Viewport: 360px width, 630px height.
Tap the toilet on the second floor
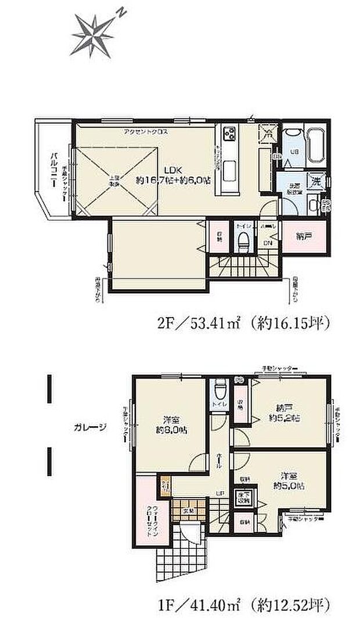pos(243,239)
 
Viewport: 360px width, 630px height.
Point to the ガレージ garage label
pos(90,427)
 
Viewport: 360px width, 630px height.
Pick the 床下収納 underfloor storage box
pos(241,496)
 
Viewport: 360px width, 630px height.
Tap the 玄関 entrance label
pos(189,510)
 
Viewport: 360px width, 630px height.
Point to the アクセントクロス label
pos(146,131)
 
